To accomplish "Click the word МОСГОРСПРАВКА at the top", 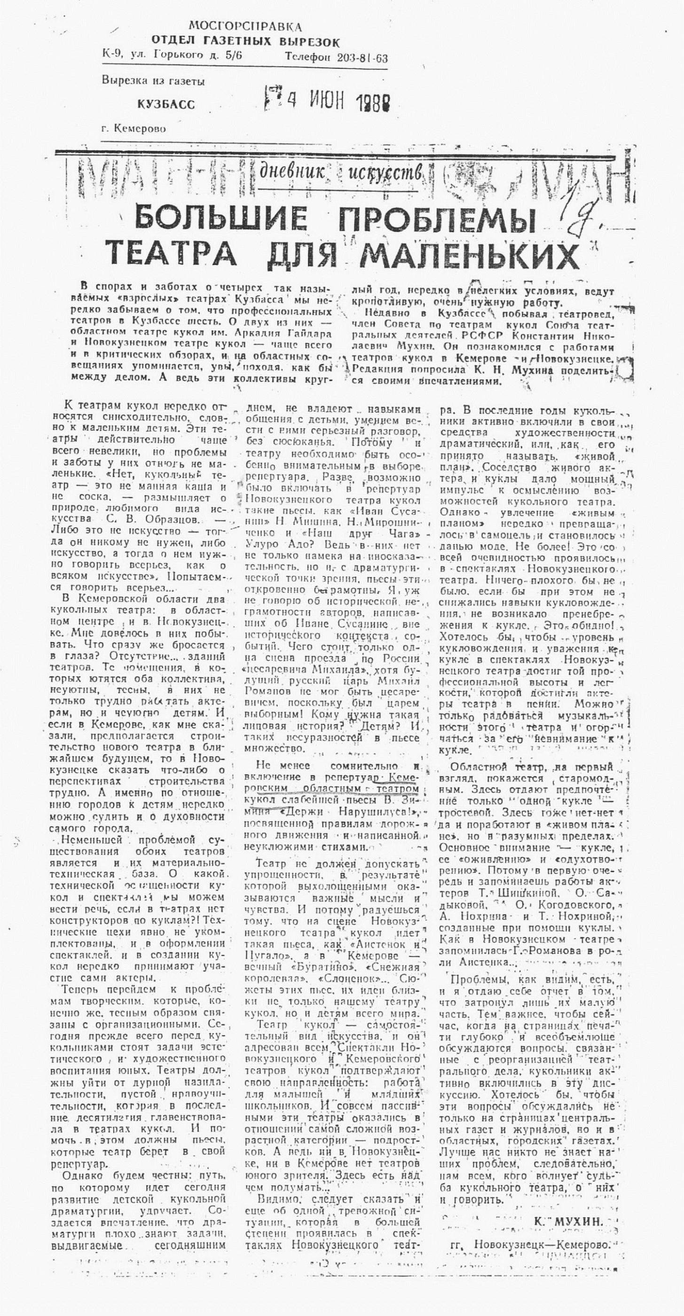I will tap(245, 27).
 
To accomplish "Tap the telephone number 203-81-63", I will tap(362, 58).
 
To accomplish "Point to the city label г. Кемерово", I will tap(134, 129).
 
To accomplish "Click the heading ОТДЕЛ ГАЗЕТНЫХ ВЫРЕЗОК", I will tap(245, 41).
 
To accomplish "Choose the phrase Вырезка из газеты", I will tap(153, 81).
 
